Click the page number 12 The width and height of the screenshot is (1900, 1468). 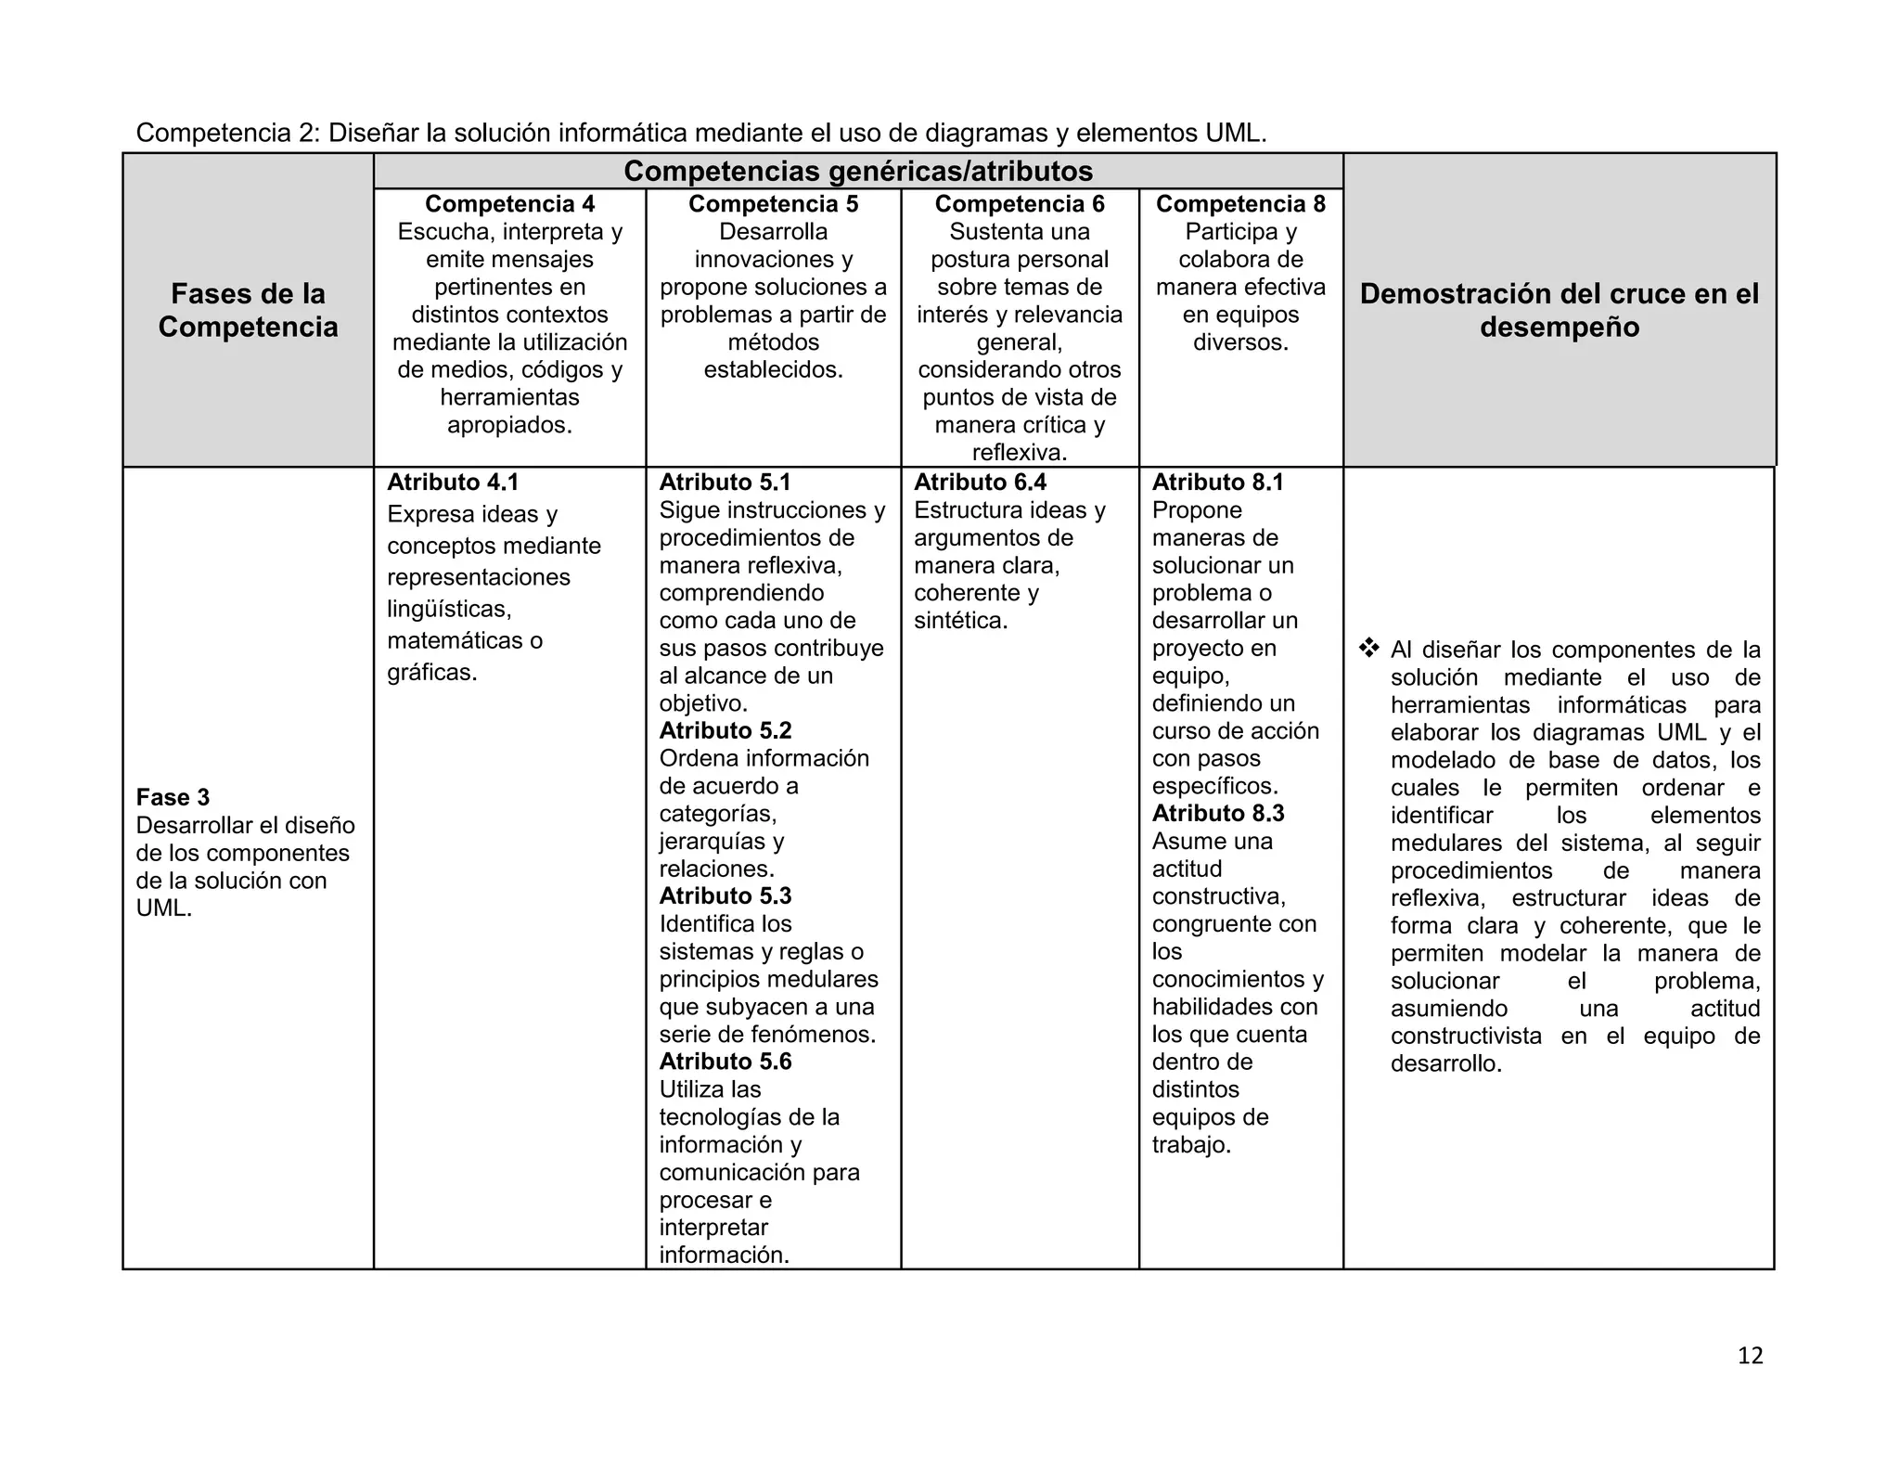(1750, 1356)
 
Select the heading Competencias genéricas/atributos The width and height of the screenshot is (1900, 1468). (858, 172)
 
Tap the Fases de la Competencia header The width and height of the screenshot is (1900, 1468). (248, 310)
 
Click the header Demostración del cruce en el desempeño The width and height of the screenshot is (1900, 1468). (1559, 310)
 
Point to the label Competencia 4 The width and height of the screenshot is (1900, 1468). (509, 204)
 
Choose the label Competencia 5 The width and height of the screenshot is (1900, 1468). (773, 204)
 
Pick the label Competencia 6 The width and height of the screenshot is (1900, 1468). (1020, 204)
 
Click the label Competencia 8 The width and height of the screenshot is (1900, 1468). (1240, 204)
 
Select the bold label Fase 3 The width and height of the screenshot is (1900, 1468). (173, 797)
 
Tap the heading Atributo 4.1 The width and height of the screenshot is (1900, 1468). (453, 483)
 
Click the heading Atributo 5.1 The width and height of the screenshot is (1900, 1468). (725, 483)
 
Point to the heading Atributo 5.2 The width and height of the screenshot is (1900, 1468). (725, 730)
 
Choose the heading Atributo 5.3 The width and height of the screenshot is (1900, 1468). (725, 895)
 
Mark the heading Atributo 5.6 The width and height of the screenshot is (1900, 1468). (725, 1061)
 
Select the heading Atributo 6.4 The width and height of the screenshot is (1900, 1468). (980, 483)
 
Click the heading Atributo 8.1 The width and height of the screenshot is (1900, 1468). (1218, 483)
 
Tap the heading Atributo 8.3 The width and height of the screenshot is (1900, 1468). (1218, 813)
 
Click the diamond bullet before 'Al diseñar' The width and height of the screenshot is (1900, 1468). (1368, 649)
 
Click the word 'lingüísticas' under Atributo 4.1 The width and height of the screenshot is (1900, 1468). (449, 609)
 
